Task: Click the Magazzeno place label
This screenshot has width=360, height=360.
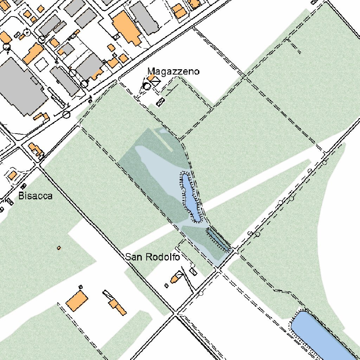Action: tap(173, 72)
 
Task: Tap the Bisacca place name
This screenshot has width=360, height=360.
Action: tap(35, 196)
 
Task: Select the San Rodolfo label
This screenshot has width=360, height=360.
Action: tap(153, 257)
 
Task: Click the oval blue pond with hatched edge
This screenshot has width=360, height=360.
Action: tap(190, 197)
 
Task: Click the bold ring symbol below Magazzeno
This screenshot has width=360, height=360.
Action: tap(147, 86)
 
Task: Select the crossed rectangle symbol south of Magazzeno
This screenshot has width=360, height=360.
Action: tap(160, 102)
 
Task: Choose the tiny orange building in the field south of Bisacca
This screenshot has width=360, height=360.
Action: tap(59, 248)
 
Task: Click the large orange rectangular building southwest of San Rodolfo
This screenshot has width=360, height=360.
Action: tap(77, 301)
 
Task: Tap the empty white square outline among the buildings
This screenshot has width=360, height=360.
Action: tap(41, 64)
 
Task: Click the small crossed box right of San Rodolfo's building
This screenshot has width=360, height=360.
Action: tap(193, 271)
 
